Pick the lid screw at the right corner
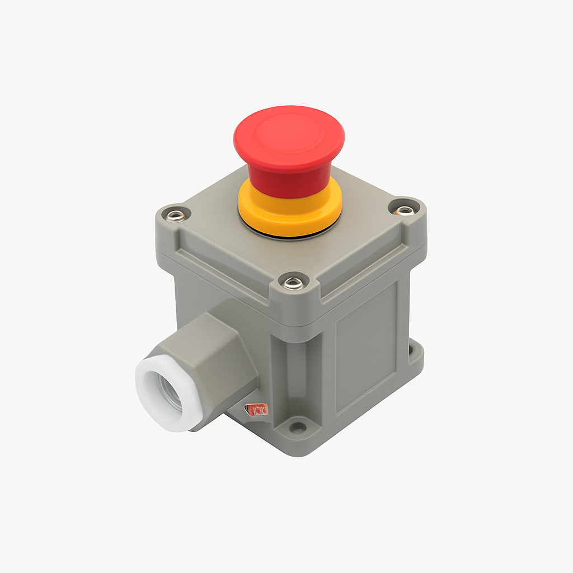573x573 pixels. (x=404, y=210)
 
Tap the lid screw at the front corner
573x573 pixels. (x=293, y=283)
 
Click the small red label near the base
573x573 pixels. (x=258, y=410)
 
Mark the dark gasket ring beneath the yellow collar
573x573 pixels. (x=291, y=236)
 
